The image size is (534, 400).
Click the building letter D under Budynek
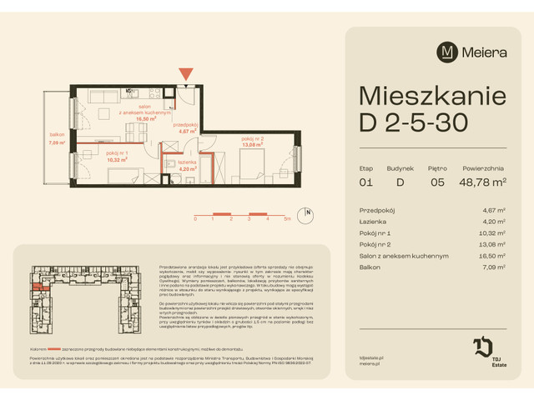click(x=400, y=180)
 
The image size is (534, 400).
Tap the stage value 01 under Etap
click(x=365, y=180)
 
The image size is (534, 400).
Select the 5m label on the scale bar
click(x=286, y=218)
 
